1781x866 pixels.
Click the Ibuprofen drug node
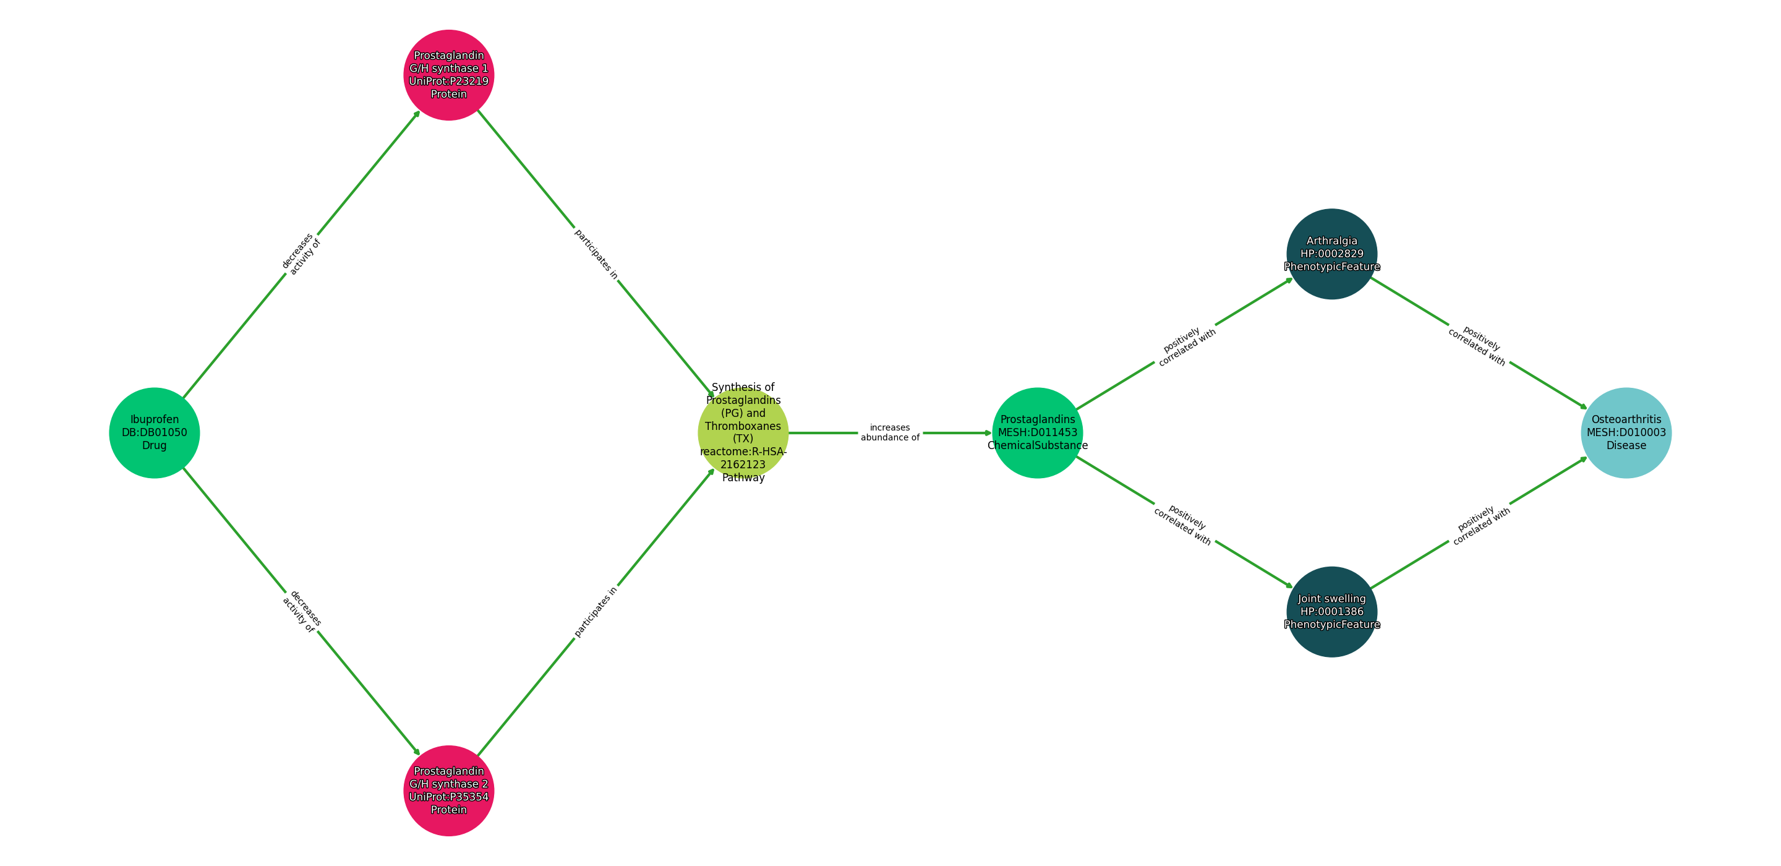click(154, 432)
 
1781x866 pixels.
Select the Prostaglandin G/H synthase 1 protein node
click(449, 75)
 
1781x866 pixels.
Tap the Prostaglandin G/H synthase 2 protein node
click(449, 790)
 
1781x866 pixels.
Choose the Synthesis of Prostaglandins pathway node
click(743, 432)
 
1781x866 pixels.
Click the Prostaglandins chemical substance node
click(1037, 432)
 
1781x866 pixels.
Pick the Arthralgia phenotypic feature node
click(1331, 254)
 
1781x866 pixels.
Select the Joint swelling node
click(1331, 611)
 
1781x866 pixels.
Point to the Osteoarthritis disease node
click(1626, 432)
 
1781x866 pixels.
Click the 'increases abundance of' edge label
click(890, 432)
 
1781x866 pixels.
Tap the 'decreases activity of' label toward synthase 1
click(301, 254)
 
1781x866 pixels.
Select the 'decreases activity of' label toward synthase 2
click(301, 611)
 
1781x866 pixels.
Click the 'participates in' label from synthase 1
click(596, 254)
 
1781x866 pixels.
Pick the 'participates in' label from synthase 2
click(596, 611)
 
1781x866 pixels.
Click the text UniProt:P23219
click(449, 81)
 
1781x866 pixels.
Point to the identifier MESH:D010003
click(1626, 433)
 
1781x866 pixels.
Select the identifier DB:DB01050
click(154, 433)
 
